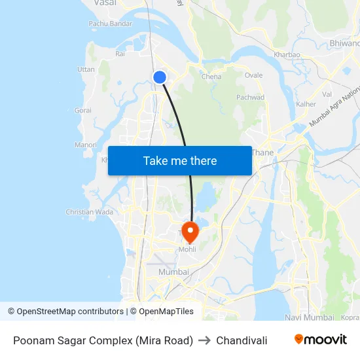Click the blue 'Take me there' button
180,160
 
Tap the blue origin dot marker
160,77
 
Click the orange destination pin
189,231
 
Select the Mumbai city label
173,272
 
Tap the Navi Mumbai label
310,317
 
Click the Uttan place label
86,69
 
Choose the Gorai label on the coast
83,111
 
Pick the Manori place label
86,145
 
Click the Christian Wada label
89,212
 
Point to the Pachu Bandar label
111,24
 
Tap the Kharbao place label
287,54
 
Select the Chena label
211,77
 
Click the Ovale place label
253,75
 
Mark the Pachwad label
251,98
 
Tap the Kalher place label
306,104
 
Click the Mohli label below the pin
187,249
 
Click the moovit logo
320,340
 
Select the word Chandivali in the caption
242,340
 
